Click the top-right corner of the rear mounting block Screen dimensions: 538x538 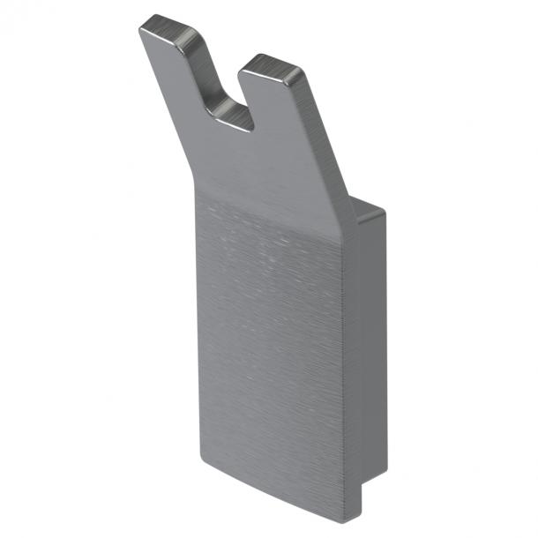pos(385,212)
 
